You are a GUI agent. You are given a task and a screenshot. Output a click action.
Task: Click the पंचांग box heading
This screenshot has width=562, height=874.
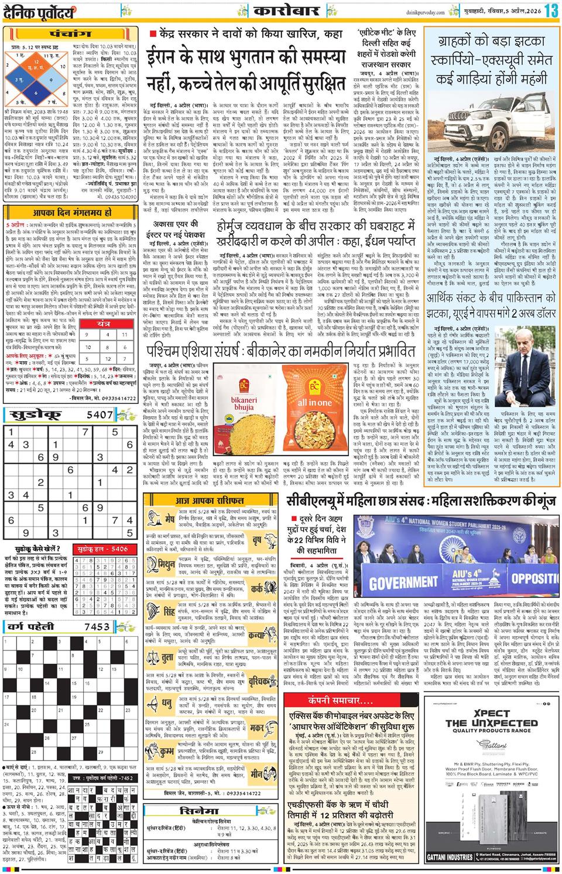coord(70,33)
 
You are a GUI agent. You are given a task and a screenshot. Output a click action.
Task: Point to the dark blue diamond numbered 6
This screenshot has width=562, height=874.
coord(36,92)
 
